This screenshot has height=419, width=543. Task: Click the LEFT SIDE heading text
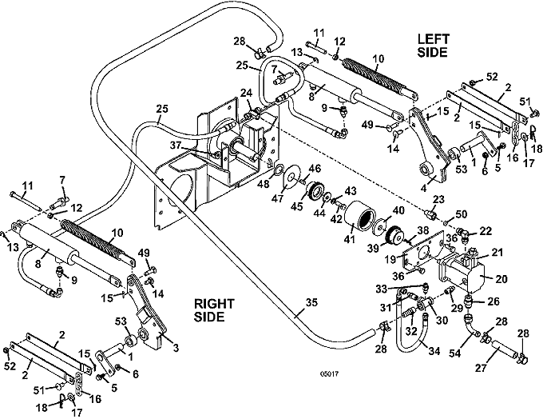(433, 45)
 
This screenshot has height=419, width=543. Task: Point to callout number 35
(311, 303)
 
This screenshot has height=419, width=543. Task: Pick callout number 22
(486, 230)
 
